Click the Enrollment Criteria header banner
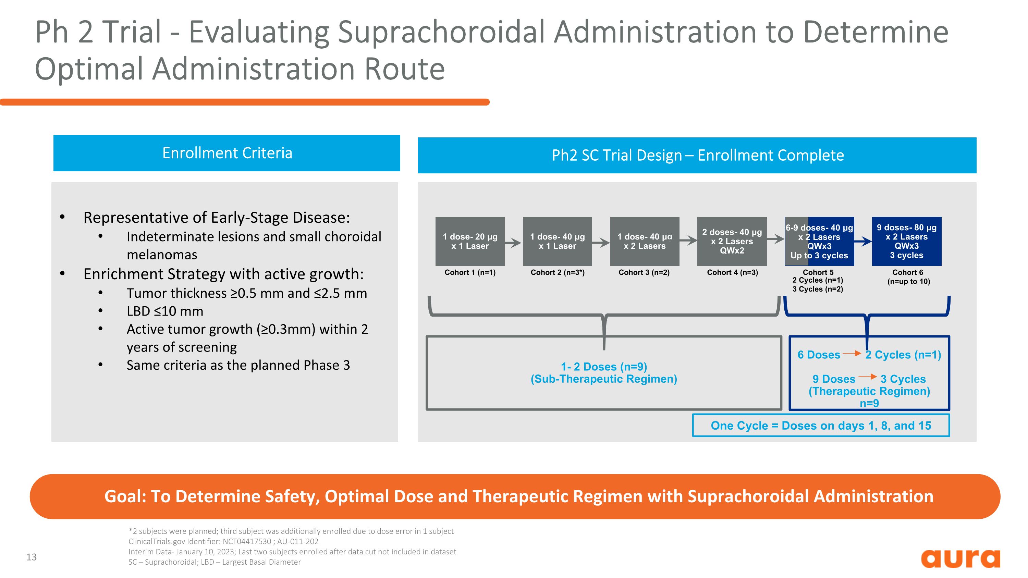[227, 153]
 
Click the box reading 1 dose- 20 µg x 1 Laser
[470, 241]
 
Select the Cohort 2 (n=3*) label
[557, 272]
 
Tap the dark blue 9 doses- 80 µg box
[906, 241]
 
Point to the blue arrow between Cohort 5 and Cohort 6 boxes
[863, 241]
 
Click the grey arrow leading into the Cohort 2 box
[513, 242]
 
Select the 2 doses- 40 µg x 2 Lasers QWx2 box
[732, 241]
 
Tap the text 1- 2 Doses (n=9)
[604, 367]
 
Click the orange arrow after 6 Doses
[852, 354]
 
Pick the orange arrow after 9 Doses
[868, 377]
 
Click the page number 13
[32, 557]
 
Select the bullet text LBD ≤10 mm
[165, 311]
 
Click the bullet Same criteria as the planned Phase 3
[238, 365]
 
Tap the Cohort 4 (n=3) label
[732, 272]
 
